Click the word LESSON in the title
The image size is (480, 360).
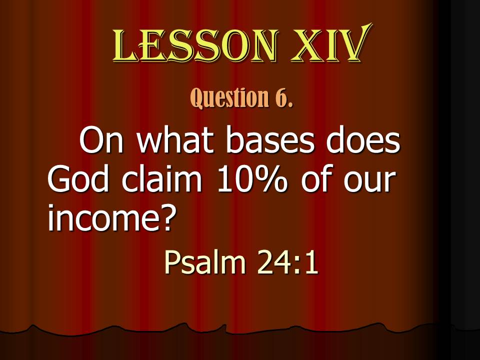point(196,45)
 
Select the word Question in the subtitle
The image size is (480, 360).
point(229,97)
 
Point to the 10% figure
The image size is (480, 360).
point(252,179)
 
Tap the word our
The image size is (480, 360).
point(368,182)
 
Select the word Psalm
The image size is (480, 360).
point(205,262)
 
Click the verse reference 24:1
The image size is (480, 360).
point(287,262)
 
